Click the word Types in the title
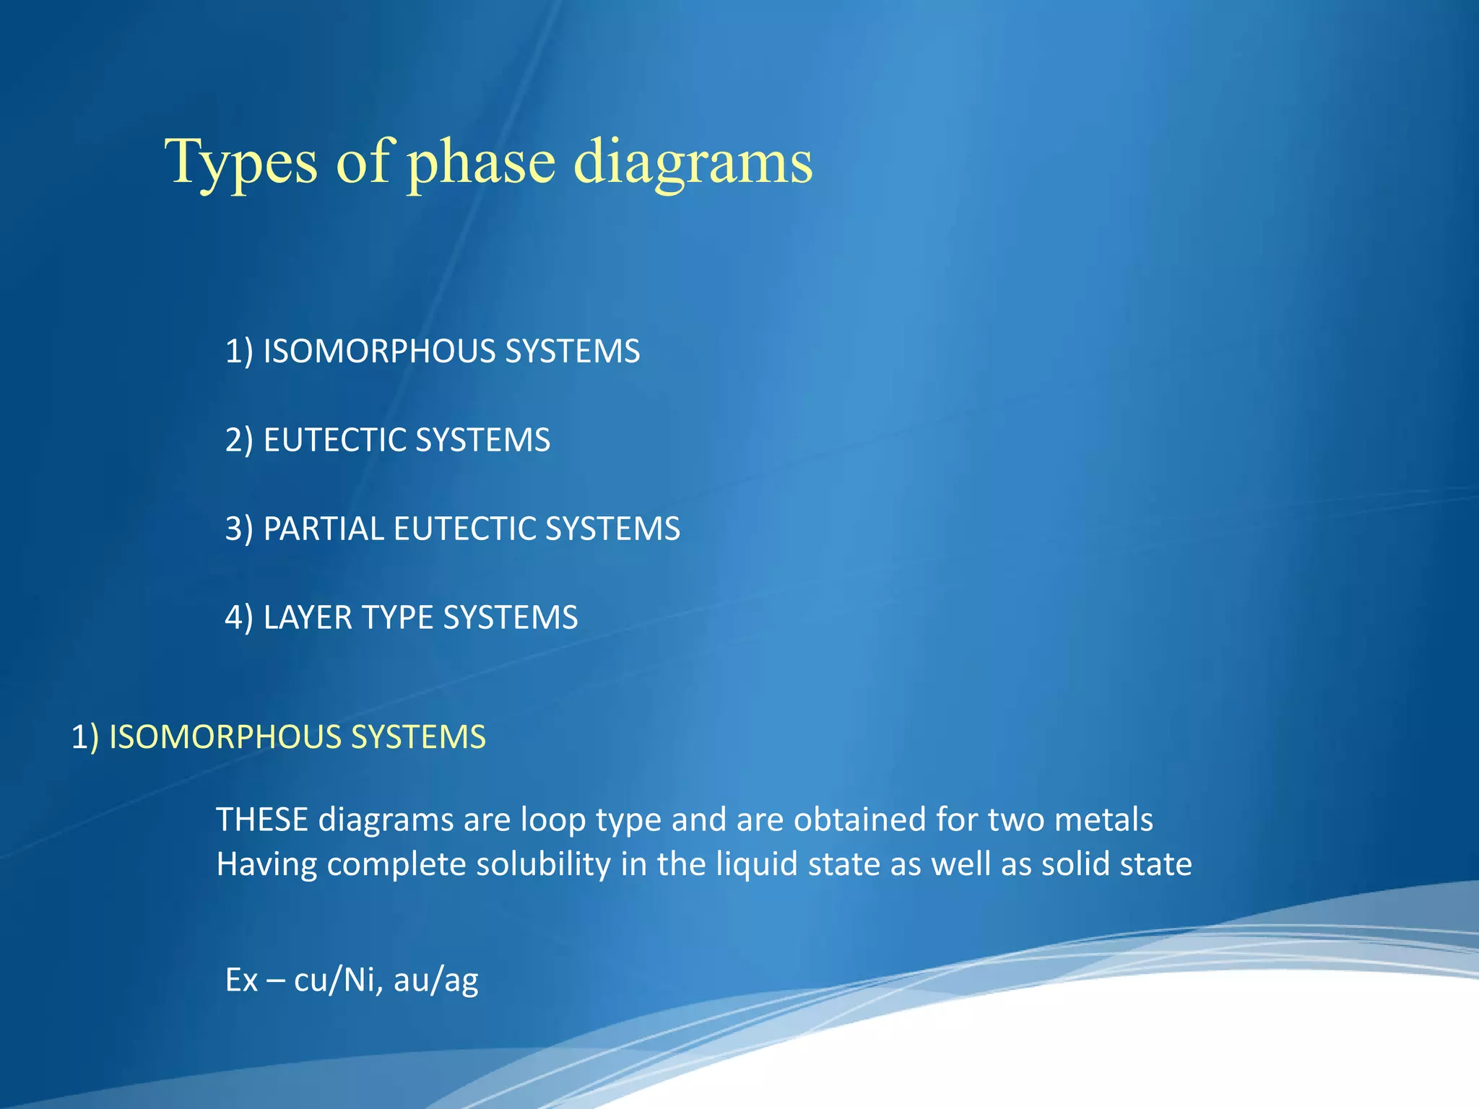click(241, 162)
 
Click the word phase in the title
click(482, 162)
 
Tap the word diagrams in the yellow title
click(693, 162)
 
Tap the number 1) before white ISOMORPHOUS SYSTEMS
click(239, 352)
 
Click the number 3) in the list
click(239, 529)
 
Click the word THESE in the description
click(262, 820)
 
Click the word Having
click(266, 865)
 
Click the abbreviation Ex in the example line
click(241, 980)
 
